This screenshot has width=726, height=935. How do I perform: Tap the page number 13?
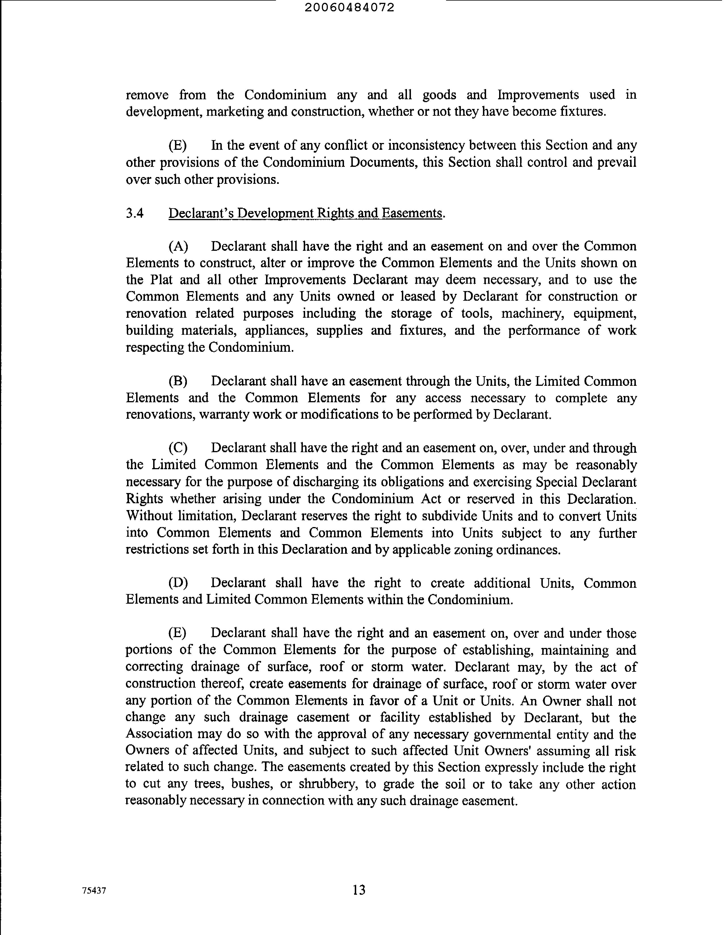pos(359,890)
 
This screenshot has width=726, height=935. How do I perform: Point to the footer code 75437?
pos(94,890)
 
